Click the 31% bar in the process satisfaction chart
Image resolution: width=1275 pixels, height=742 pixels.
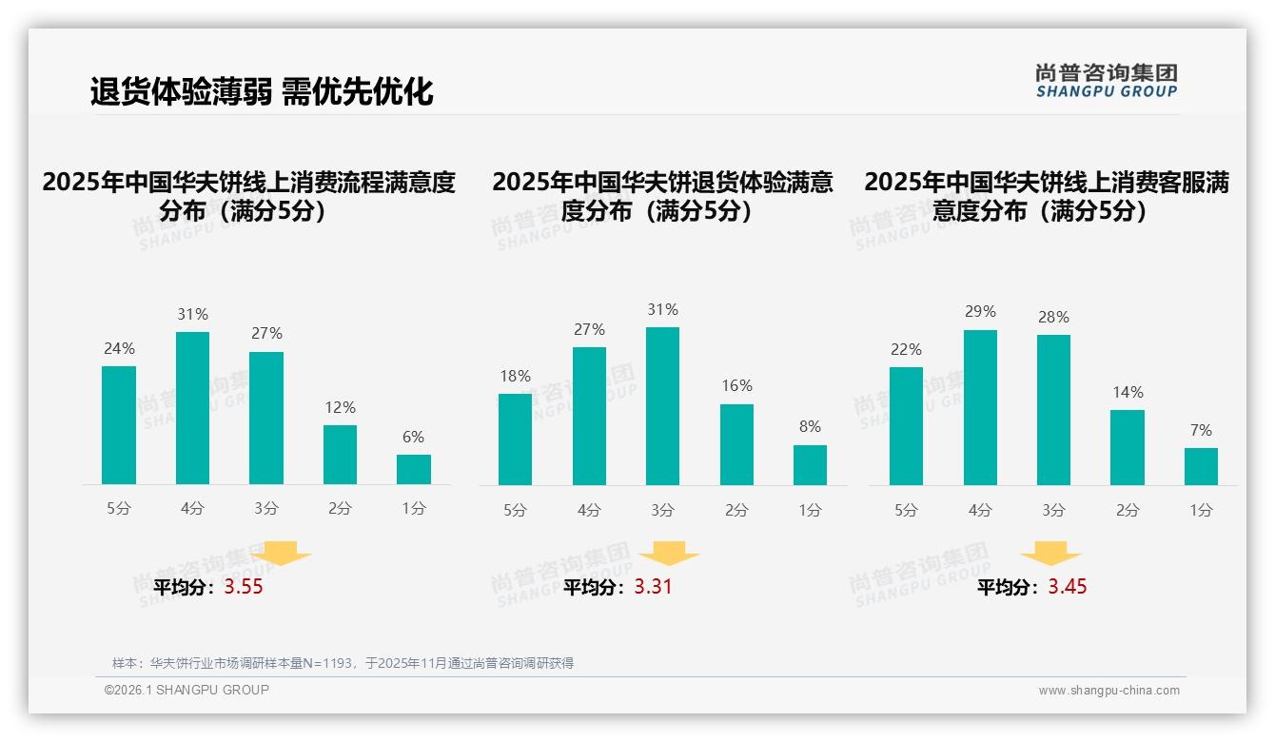tap(193, 408)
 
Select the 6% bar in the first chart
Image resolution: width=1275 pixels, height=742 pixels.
tap(414, 470)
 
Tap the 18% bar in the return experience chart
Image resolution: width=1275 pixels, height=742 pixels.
tap(515, 439)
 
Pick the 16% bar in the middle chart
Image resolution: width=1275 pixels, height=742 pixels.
tap(736, 445)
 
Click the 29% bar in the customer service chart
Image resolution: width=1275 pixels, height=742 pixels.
tap(980, 408)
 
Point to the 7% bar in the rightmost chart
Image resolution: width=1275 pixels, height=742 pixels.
tap(1201, 467)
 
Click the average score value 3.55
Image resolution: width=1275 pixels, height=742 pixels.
tap(244, 587)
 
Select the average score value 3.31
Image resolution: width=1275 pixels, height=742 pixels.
tap(653, 587)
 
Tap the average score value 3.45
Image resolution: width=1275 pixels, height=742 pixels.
tap(1068, 587)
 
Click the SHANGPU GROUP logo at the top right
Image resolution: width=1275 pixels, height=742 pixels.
tap(1107, 81)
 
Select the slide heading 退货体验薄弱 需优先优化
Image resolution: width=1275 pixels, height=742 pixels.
tap(262, 91)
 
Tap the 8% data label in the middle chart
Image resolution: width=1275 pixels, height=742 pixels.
tap(810, 427)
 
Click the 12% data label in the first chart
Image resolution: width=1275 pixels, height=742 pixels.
tap(340, 407)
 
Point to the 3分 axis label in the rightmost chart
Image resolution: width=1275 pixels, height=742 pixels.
tap(1053, 510)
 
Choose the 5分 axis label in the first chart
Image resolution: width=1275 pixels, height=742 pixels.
tap(119, 508)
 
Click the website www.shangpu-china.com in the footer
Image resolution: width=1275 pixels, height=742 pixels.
tap(1108, 691)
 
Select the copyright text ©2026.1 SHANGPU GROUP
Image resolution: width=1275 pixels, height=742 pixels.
tap(186, 690)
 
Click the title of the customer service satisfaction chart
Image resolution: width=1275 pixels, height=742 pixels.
tap(1046, 196)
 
